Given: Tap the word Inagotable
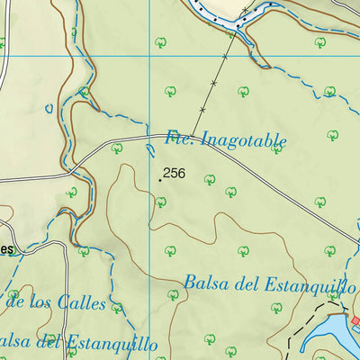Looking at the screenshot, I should [241, 140].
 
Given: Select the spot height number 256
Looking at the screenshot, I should [175, 173].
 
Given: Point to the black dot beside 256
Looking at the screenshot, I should [160, 178].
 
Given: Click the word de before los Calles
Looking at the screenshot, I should [14, 300].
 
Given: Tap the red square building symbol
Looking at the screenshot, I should [355, 320].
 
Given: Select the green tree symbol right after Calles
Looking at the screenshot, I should [116, 308].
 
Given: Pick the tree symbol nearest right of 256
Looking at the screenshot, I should [210, 179].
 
